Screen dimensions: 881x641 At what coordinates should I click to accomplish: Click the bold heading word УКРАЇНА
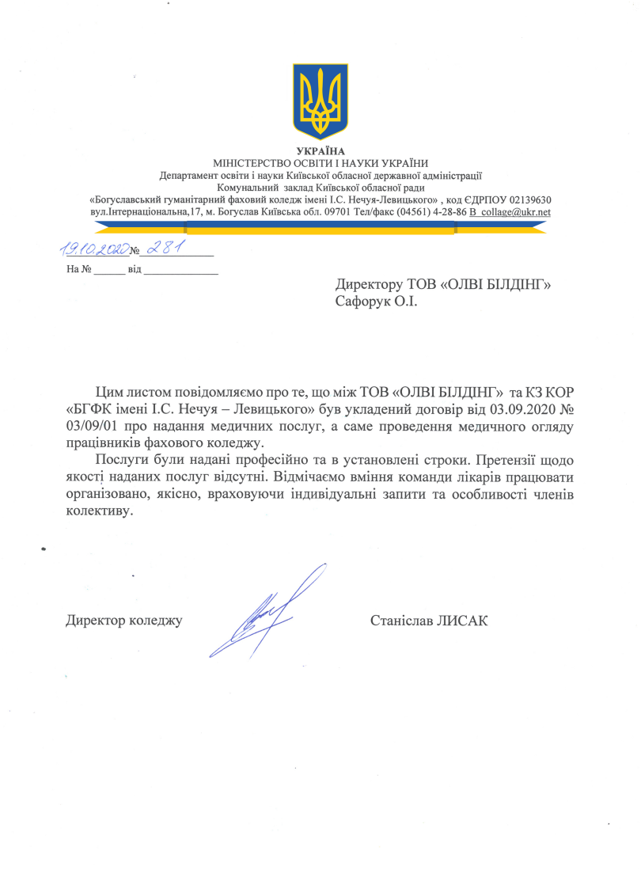320,151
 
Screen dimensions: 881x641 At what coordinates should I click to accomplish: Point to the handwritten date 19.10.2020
94,250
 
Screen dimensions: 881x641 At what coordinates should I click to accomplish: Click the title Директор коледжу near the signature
124,621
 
